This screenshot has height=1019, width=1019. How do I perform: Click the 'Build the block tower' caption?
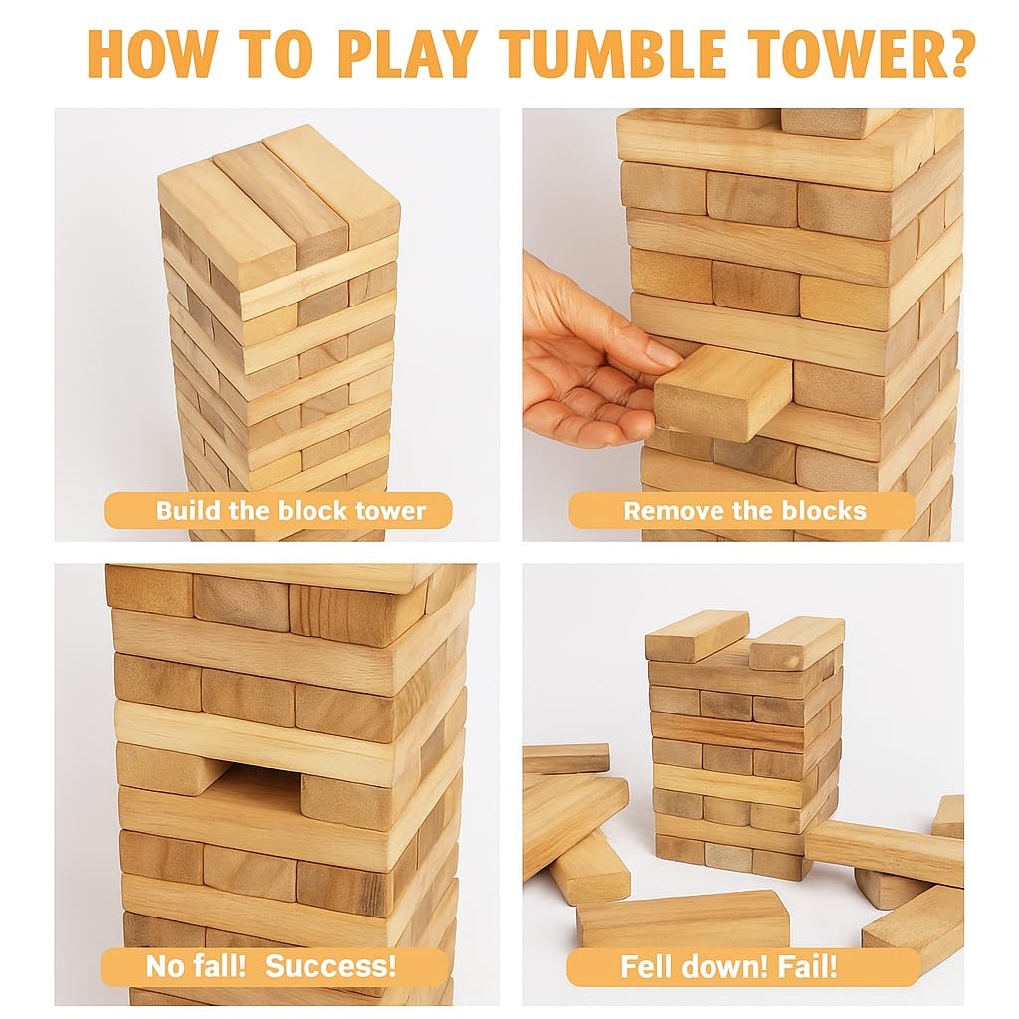[291, 510]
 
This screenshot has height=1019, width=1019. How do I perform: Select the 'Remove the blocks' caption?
[744, 510]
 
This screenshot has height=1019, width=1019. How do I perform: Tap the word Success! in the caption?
[330, 965]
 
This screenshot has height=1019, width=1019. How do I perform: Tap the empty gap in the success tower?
[256, 782]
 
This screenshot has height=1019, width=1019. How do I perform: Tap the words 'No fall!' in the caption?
[196, 965]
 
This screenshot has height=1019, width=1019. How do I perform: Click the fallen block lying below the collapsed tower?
[683, 917]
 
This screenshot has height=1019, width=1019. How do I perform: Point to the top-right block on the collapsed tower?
[797, 644]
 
